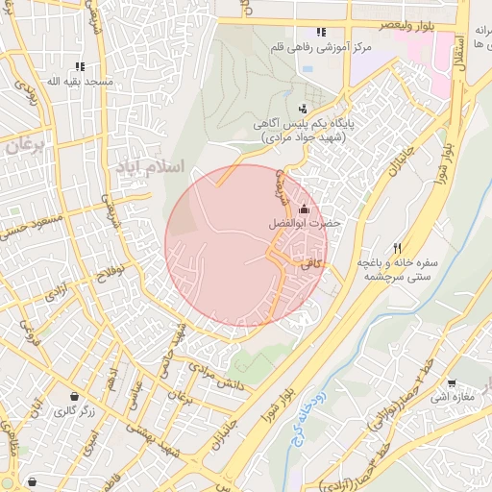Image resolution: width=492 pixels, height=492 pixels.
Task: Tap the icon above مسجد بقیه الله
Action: click(x=80, y=66)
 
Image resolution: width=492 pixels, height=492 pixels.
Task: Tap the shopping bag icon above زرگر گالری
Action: click(x=74, y=396)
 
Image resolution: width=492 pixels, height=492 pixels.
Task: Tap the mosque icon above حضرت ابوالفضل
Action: click(x=305, y=209)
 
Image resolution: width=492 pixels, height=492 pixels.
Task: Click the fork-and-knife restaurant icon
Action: click(x=396, y=247)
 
